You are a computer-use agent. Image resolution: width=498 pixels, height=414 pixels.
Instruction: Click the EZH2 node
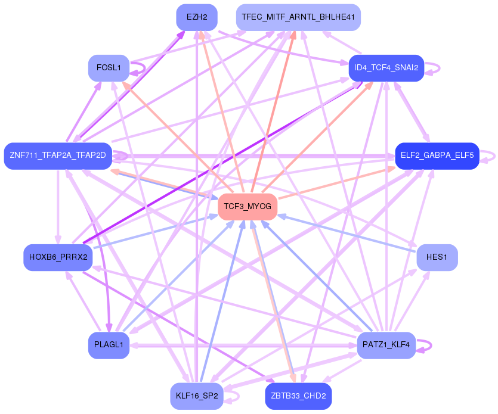[x=197, y=17]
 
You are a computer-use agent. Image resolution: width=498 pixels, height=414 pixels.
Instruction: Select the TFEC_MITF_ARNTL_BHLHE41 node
[x=298, y=17]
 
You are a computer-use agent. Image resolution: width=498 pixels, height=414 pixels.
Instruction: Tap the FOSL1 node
[x=109, y=68]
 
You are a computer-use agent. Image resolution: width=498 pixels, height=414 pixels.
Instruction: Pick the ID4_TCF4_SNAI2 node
[x=386, y=68]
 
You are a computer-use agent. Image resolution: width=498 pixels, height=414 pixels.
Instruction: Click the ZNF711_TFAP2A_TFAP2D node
[x=58, y=155]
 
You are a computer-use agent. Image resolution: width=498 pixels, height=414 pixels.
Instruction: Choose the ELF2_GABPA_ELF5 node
[x=437, y=155]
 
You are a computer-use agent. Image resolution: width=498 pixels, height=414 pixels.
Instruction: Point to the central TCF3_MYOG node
[x=248, y=207]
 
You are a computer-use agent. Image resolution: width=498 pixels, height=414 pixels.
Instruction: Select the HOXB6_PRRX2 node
[x=58, y=257]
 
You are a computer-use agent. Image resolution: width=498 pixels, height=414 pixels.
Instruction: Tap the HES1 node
[x=437, y=257]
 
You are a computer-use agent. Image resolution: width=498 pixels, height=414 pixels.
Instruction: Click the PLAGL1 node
[x=109, y=345]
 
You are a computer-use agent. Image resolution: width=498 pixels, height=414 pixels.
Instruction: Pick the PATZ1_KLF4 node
[x=386, y=345]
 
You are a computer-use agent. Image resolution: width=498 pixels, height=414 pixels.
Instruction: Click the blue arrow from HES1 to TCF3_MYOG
[x=352, y=233]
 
